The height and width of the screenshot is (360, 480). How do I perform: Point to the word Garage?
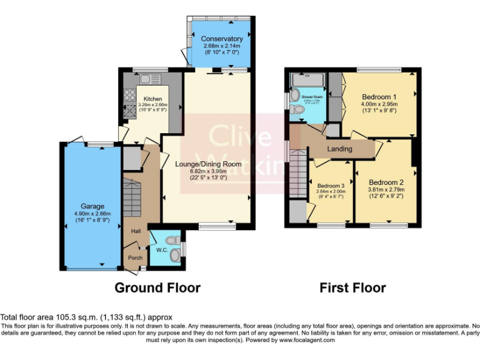point(92,206)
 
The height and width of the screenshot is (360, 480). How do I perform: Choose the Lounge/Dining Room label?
point(208,164)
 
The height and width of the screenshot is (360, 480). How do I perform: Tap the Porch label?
point(135,257)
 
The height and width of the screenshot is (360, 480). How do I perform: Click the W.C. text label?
point(162,251)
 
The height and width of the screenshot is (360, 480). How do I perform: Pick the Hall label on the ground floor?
point(135,231)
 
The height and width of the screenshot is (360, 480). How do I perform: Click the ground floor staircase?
point(132,197)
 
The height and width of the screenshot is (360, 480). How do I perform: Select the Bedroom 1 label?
point(379,97)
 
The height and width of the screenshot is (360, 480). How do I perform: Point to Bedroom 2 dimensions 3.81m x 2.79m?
point(386,189)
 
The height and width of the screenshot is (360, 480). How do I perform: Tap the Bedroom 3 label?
point(331,186)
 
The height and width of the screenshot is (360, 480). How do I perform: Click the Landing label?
point(339,149)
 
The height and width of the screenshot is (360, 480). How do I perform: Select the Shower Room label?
point(311,97)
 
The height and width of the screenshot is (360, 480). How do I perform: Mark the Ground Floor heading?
point(157,288)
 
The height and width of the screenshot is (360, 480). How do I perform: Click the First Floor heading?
point(352,288)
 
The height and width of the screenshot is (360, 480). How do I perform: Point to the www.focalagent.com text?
point(307,341)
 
